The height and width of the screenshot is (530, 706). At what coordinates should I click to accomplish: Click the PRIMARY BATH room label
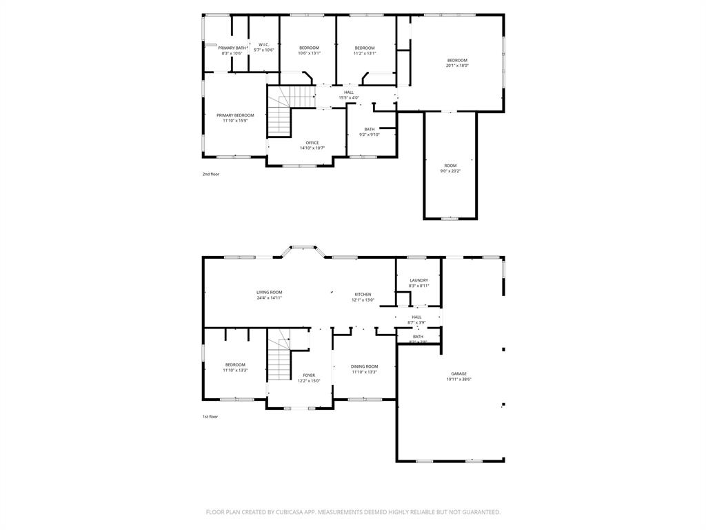(232, 48)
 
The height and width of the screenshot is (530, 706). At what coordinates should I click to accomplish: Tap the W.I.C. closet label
(264, 45)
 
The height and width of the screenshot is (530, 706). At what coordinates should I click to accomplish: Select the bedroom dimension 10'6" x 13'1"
(309, 53)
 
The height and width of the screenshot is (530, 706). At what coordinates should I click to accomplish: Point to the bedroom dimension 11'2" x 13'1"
(365, 53)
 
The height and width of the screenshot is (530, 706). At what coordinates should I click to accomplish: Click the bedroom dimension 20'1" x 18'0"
(456, 66)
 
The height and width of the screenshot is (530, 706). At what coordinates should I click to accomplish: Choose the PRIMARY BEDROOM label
(235, 115)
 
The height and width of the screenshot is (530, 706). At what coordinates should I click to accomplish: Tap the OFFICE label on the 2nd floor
(312, 143)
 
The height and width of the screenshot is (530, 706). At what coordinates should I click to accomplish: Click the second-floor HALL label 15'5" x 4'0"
(349, 92)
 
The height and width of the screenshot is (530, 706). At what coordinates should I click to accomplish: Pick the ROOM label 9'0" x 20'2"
(450, 166)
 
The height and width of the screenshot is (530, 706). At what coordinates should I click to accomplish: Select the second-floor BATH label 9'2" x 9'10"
(370, 129)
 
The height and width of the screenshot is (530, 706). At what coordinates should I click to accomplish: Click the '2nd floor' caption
(211, 174)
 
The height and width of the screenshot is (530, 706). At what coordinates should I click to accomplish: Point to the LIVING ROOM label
(270, 293)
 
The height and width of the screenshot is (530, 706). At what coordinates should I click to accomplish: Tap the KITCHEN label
(363, 295)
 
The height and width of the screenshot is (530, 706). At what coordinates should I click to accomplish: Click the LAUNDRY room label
(419, 280)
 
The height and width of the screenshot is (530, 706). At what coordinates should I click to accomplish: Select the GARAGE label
(459, 374)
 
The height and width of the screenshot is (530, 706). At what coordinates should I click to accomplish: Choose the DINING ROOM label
(364, 366)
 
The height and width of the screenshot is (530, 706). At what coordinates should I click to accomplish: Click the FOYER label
(309, 375)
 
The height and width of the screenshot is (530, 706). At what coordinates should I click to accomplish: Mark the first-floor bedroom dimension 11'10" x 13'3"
(235, 371)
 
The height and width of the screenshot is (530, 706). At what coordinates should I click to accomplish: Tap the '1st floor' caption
(210, 416)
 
